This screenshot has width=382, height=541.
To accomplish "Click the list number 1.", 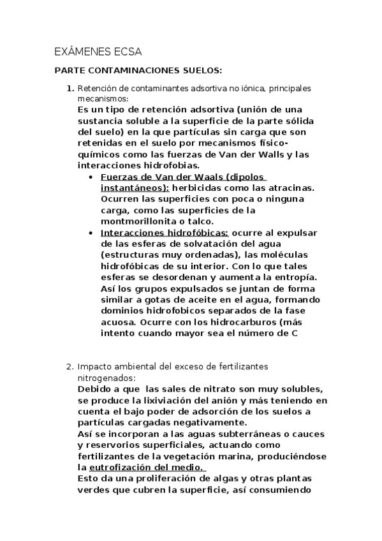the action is click(70, 88).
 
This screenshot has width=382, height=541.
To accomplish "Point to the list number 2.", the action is click(70, 367).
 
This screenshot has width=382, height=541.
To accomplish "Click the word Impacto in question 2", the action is click(96, 367).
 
